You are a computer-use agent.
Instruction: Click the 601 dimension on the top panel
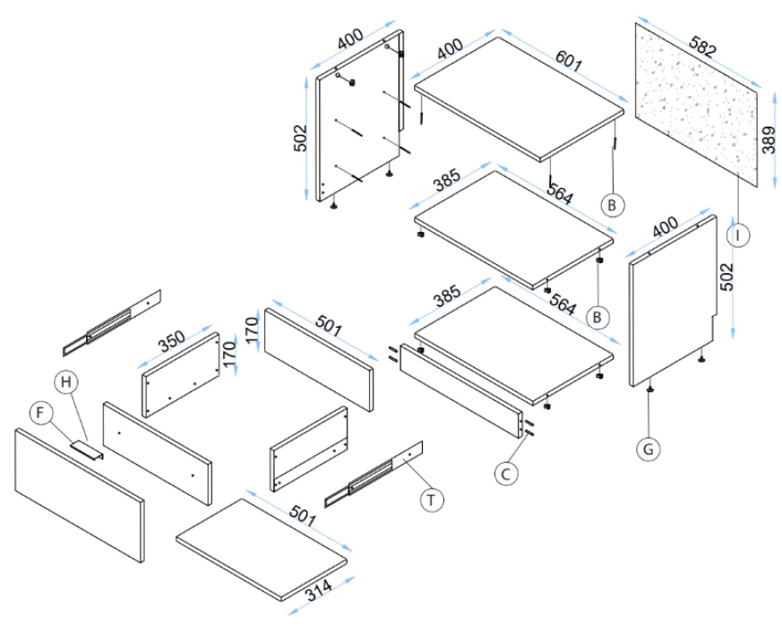pyautogui.click(x=569, y=62)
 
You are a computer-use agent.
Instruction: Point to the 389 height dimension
pyautogui.click(x=769, y=139)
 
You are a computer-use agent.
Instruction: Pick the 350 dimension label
pyautogui.click(x=172, y=341)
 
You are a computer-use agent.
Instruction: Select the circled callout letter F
pyautogui.click(x=40, y=413)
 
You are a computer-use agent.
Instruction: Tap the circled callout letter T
pyautogui.click(x=433, y=499)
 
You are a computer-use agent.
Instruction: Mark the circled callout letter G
pyautogui.click(x=649, y=448)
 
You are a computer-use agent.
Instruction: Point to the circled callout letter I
pyautogui.click(x=737, y=235)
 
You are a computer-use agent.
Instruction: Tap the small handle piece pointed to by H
pyautogui.click(x=88, y=448)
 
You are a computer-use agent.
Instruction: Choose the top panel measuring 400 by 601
pyautogui.click(x=520, y=98)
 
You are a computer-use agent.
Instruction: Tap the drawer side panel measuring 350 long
pyautogui.click(x=183, y=374)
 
